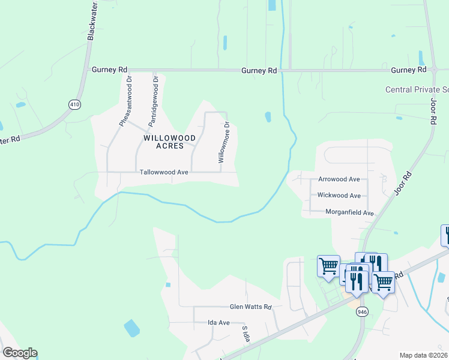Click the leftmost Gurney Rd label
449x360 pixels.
click(109, 70)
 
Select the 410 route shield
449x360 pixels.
click(74, 104)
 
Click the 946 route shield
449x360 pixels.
click(362, 311)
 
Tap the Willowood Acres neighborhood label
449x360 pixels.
click(162, 142)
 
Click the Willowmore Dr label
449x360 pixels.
click(223, 143)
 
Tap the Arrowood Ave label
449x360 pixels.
click(339, 179)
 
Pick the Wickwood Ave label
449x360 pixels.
click(339, 196)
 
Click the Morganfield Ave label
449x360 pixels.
click(349, 212)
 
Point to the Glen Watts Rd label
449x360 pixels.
click(251, 307)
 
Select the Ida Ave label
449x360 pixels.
click(218, 323)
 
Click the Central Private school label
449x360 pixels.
click(417, 89)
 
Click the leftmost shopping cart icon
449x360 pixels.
click(328, 265)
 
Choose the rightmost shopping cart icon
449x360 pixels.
click(382, 281)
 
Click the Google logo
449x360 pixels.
click(20, 353)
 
